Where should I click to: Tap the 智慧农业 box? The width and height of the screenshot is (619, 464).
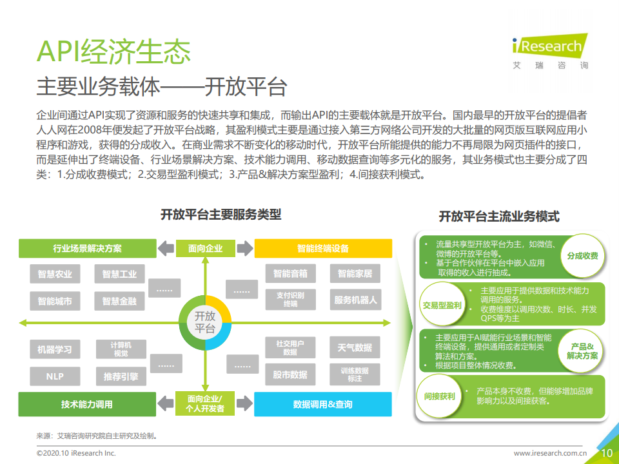pos(55,274)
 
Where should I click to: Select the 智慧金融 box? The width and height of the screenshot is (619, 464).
pos(120,300)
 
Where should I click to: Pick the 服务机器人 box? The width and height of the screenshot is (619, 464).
pos(355,300)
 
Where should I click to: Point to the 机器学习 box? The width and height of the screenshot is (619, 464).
pos(55,350)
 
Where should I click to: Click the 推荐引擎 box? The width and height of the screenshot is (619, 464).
pos(121,376)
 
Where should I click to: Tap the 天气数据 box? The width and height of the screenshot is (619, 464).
pos(355,348)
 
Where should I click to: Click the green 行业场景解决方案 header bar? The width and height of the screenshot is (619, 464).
pos(87,248)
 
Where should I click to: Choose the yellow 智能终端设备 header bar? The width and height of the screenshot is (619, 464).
pos(323,248)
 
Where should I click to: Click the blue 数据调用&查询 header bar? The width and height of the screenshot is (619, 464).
pos(323,404)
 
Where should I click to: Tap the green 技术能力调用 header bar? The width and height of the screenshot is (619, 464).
pos(87,404)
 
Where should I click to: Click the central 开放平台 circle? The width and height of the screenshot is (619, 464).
pos(205,322)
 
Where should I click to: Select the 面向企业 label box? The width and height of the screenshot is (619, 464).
pos(206,248)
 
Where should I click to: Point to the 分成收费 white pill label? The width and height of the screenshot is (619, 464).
pos(582,256)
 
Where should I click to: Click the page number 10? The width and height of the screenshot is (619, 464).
pos(606,453)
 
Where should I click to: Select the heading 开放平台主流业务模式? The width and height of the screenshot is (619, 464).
pos(499,217)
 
